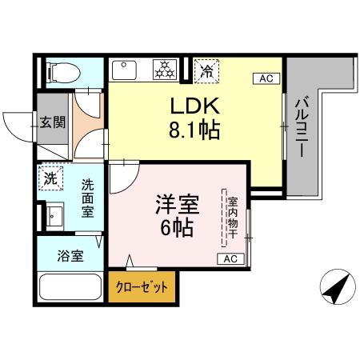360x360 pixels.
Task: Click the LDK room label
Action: click(193, 106)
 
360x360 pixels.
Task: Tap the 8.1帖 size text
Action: click(193, 128)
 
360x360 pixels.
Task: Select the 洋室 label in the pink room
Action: click(176, 205)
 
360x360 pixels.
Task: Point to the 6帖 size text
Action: click(176, 228)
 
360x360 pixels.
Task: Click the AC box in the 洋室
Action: click(230, 258)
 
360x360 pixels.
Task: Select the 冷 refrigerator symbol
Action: click(206, 70)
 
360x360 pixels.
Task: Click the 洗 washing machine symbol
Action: click(50, 180)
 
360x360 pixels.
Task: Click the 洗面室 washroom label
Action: click(87, 198)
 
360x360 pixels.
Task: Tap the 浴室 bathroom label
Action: click(70, 258)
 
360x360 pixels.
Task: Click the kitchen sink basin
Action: click(125, 70)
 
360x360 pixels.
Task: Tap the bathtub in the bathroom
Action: click(69, 288)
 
